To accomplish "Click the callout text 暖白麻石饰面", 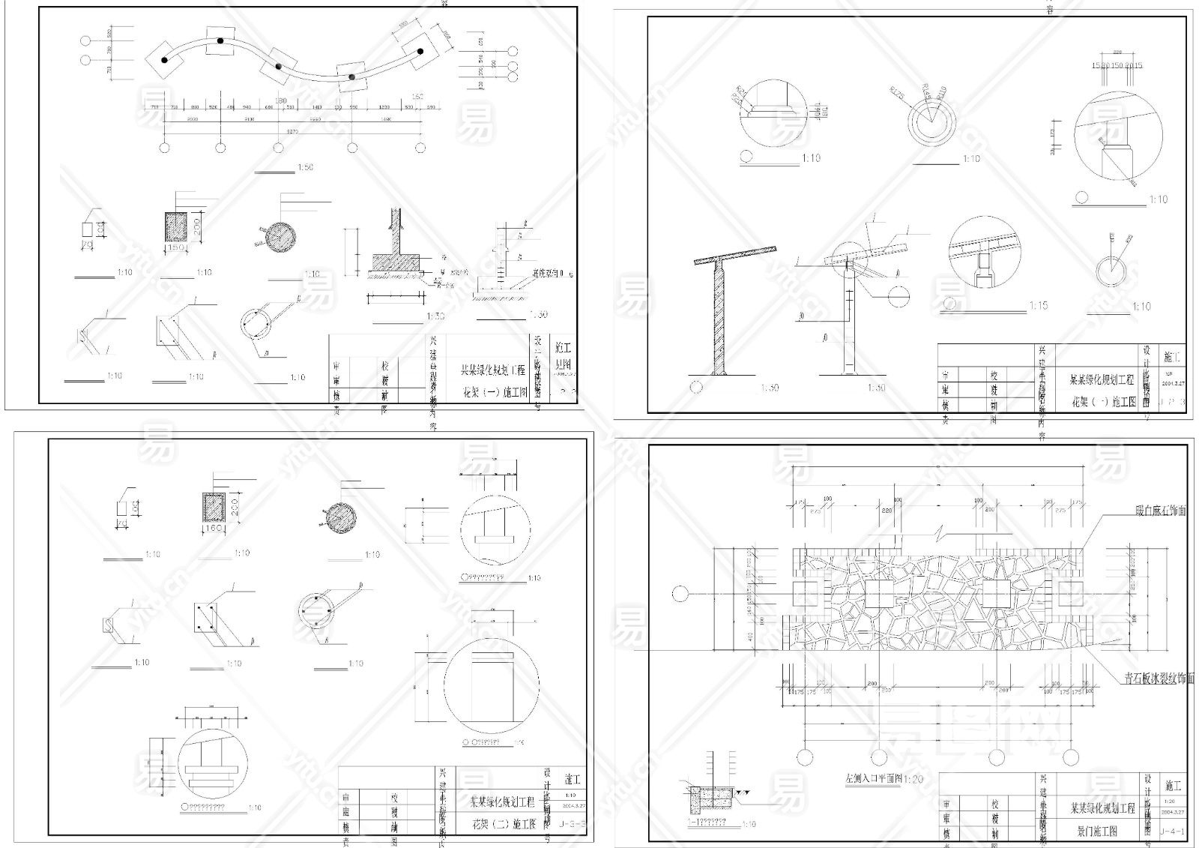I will tap(1160, 511).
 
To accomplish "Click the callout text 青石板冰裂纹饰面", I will tap(1159, 679).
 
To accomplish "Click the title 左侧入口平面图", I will tap(874, 779).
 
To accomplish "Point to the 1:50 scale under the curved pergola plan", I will tap(305, 167).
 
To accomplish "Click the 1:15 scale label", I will tap(1038, 306).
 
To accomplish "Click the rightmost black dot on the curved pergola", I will tap(420, 51).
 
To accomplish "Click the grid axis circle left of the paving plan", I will tap(680, 595).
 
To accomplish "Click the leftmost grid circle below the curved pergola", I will tap(165, 148).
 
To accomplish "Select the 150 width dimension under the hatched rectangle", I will tap(178, 247).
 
